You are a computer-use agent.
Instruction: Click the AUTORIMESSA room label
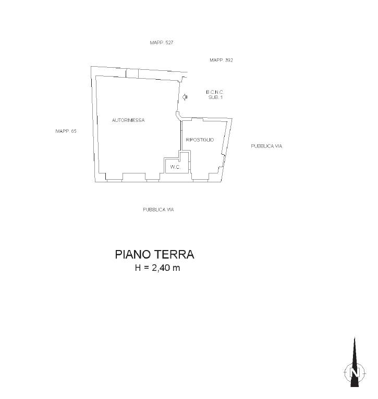click(128, 120)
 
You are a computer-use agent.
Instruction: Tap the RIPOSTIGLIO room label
click(200, 140)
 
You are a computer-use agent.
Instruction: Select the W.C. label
click(175, 167)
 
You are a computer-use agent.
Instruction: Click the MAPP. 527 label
click(162, 43)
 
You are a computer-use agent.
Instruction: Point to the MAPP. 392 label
click(221, 60)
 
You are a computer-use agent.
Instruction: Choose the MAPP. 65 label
click(66, 131)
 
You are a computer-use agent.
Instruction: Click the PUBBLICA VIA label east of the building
click(266, 146)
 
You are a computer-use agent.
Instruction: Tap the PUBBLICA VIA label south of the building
click(158, 210)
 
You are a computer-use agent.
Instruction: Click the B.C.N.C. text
click(215, 92)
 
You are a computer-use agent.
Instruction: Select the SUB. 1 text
click(215, 97)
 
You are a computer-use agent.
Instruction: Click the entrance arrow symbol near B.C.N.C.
click(185, 97)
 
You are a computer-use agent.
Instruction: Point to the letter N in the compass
click(355, 373)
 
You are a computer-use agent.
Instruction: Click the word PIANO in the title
click(133, 255)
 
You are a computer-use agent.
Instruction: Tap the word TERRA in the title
click(174, 255)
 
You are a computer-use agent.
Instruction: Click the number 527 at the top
click(169, 43)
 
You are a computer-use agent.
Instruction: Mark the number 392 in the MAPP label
click(229, 60)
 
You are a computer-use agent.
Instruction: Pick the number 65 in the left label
click(74, 131)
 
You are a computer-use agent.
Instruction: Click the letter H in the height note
click(138, 268)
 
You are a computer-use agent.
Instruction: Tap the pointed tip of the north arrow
click(355, 338)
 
